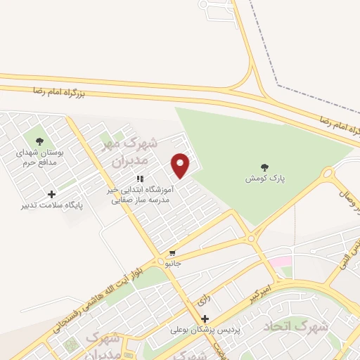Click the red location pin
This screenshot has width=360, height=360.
point(181,166)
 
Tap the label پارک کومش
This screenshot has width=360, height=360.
point(265,179)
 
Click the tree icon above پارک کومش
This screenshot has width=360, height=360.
point(264,167)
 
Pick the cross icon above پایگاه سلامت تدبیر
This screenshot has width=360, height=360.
point(51,195)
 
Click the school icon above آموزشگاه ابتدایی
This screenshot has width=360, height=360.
point(140,179)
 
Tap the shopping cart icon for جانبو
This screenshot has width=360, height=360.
point(172,252)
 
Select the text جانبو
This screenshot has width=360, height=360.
point(172,264)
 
